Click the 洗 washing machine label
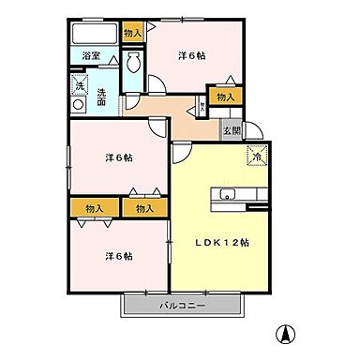coord(81,88)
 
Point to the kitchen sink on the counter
coord(229,195)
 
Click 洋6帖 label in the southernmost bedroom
coord(118,255)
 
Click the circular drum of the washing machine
coord(81,105)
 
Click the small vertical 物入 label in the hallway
coord(201,106)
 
